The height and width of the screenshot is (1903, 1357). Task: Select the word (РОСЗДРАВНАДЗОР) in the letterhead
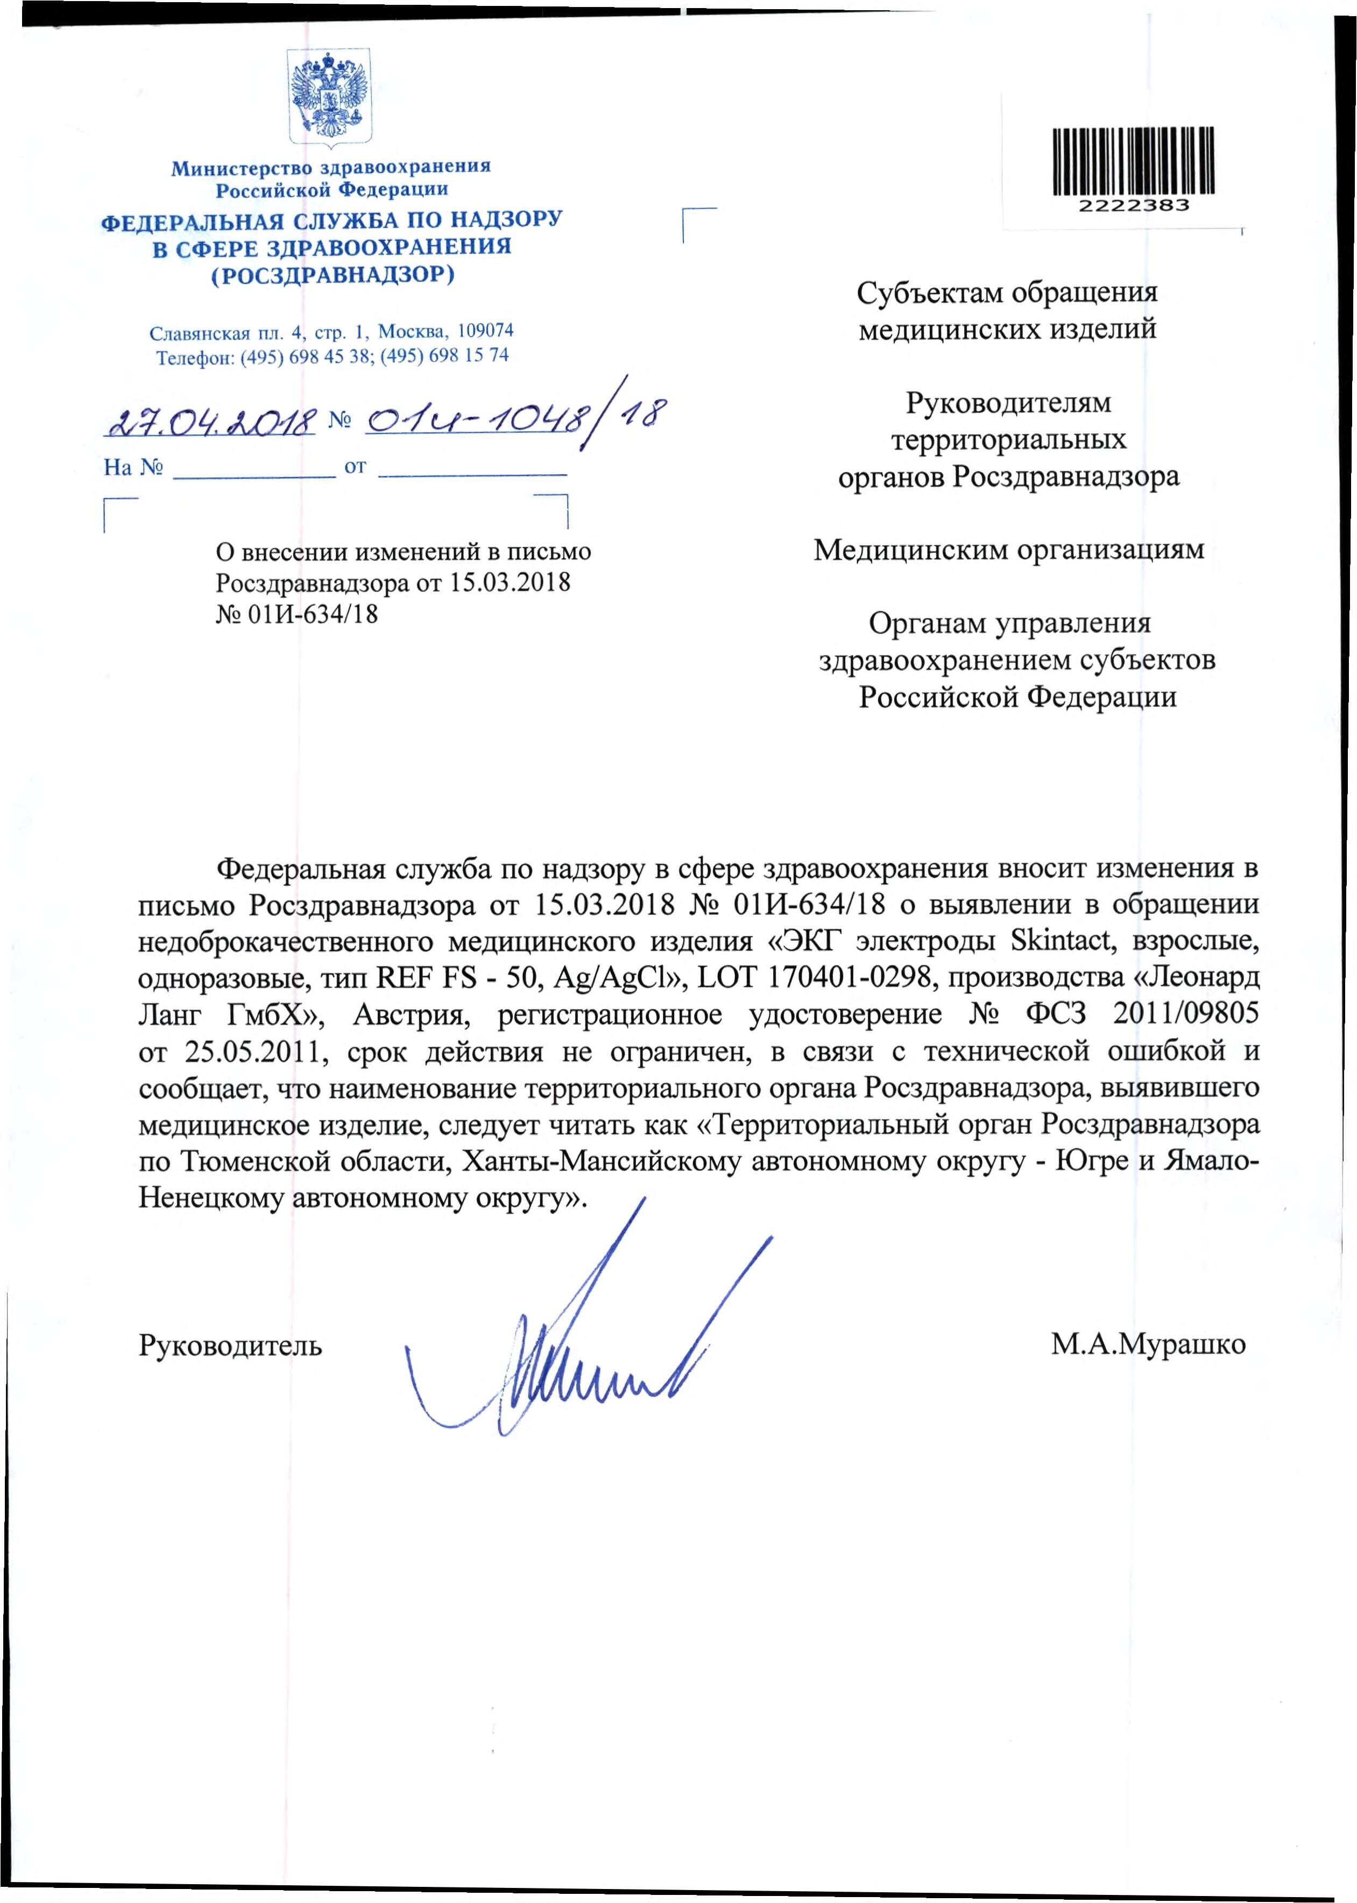pos(333,275)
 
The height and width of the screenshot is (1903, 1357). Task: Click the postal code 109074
pos(485,330)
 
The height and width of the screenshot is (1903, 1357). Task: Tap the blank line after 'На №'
pos(253,468)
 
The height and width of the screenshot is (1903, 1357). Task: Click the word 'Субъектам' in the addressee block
pos(928,293)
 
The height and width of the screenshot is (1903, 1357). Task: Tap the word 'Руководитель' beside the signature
pos(230,1345)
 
